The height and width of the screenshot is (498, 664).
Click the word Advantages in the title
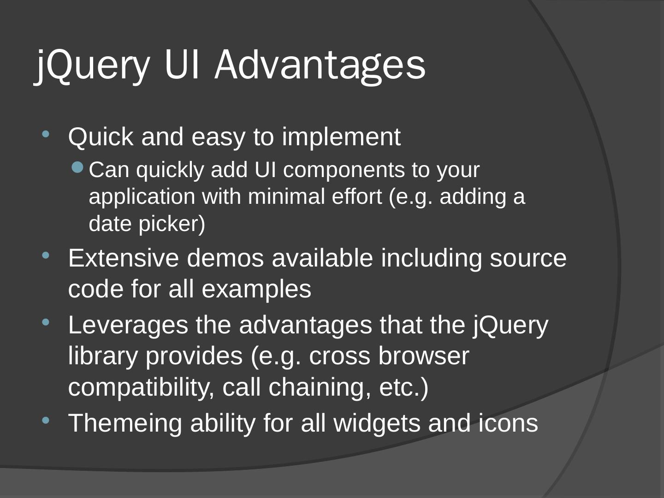[320, 65]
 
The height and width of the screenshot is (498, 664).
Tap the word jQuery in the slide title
[93, 65]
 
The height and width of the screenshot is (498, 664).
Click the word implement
[341, 137]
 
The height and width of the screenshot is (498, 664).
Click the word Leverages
[128, 325]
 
